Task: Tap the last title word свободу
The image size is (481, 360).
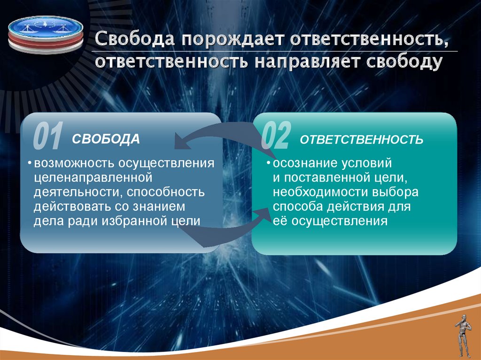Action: pyautogui.click(x=404, y=62)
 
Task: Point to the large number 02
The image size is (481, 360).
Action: pyautogui.click(x=276, y=136)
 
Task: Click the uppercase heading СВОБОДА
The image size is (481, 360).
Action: pyautogui.click(x=106, y=139)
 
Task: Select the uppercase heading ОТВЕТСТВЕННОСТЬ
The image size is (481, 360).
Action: pyautogui.click(x=362, y=139)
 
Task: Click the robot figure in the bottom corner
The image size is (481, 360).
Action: pyautogui.click(x=463, y=336)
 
